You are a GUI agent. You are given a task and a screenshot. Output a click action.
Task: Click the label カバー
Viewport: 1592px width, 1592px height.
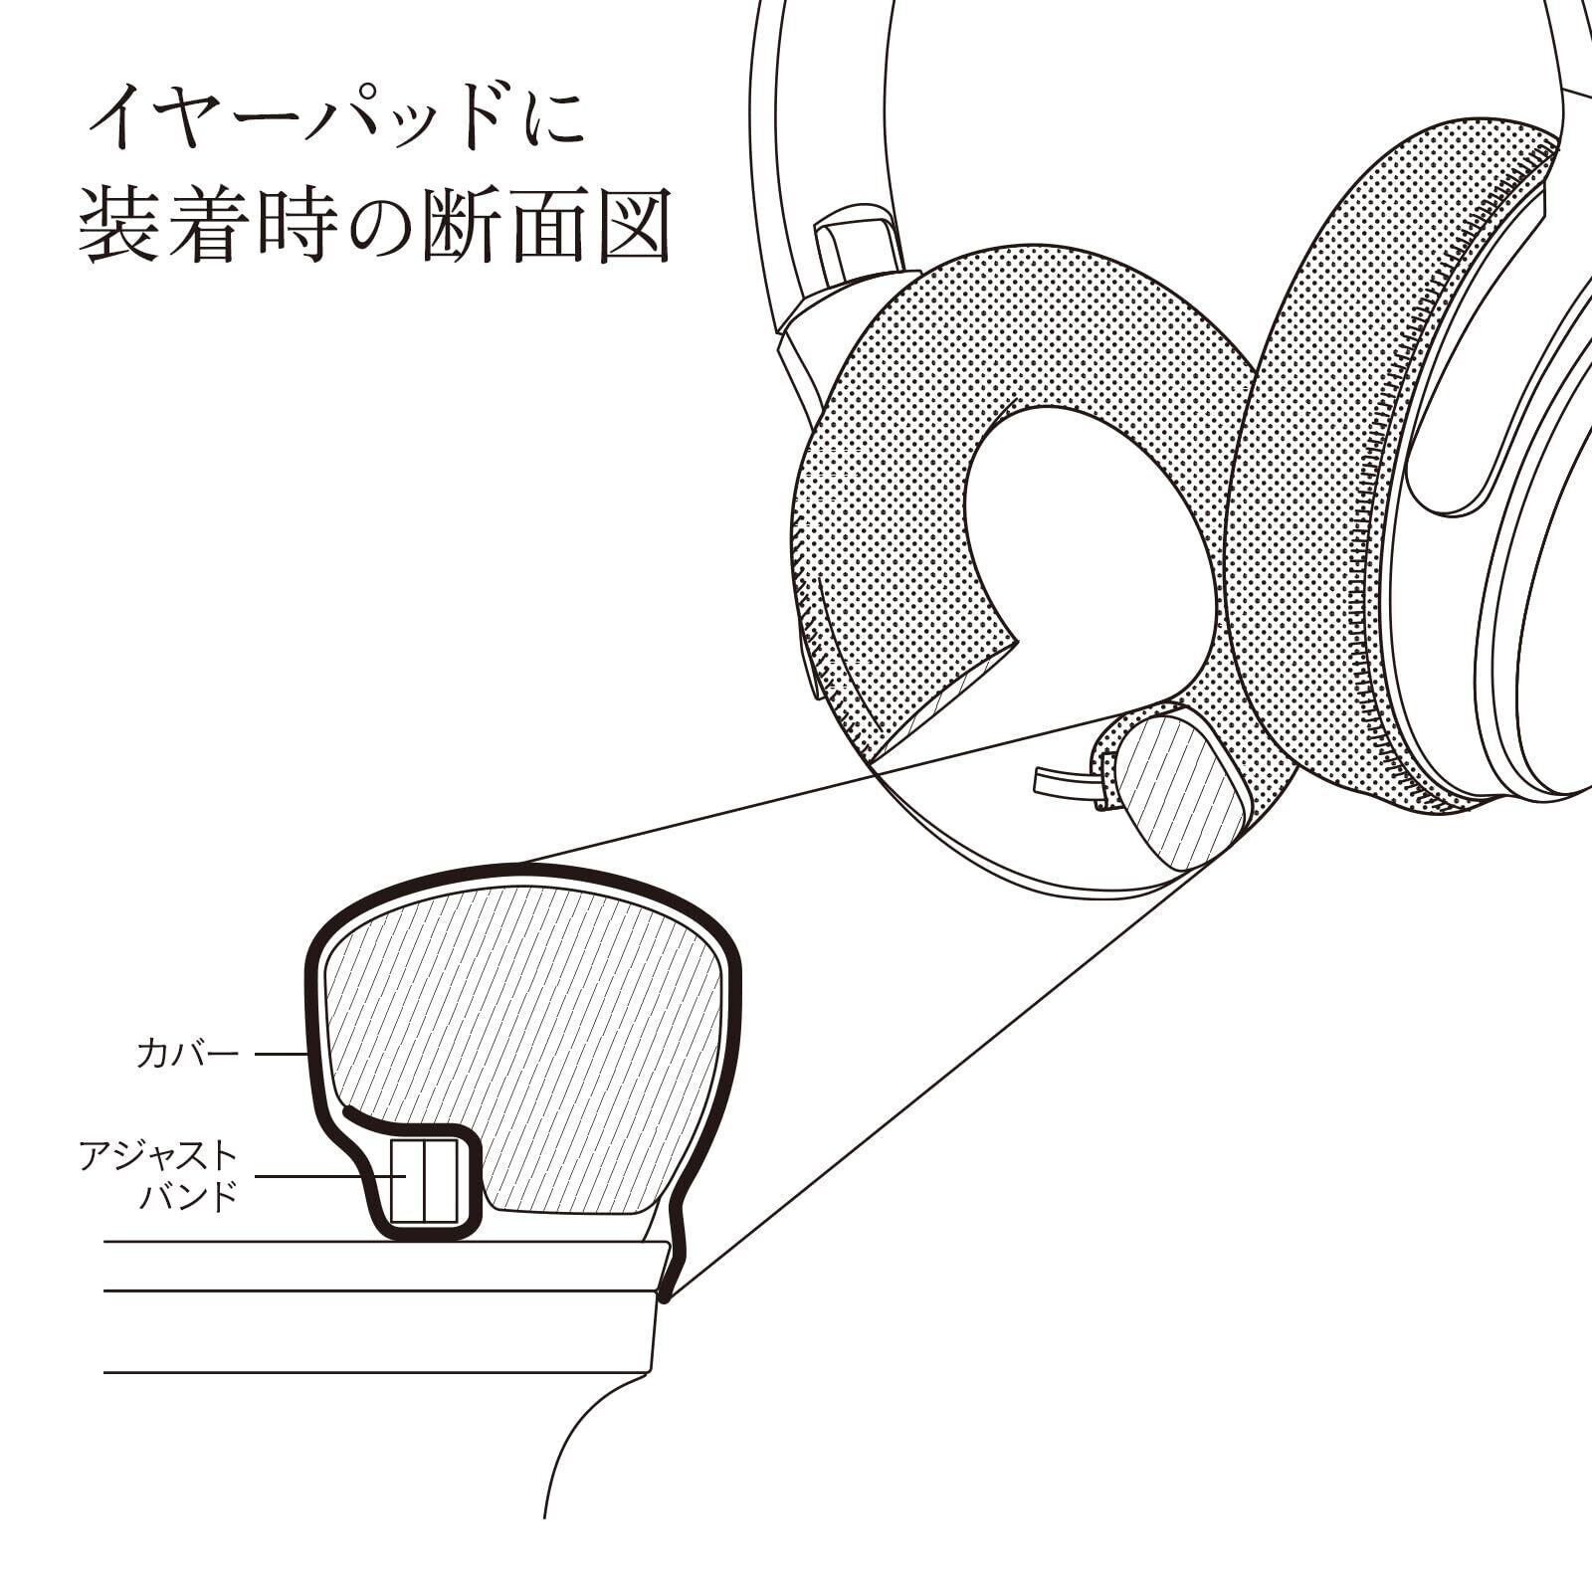pos(187,1054)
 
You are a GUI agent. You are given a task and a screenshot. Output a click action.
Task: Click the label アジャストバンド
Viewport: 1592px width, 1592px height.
pos(159,1175)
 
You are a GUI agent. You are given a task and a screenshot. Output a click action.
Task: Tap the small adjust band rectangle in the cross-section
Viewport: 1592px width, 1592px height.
pos(424,1181)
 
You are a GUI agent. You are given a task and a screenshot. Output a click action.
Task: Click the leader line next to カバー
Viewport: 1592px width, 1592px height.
pos(280,1054)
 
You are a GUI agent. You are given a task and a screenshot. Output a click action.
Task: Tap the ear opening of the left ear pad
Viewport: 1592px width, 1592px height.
pos(1085,537)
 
